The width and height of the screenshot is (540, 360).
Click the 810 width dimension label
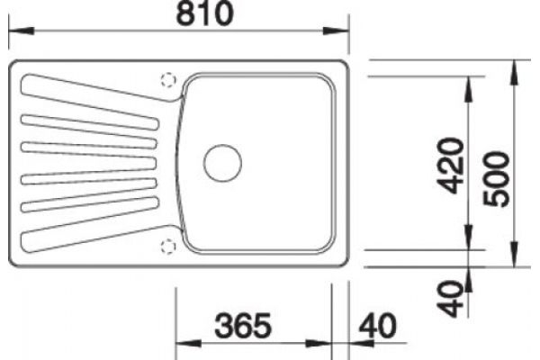[x=204, y=13]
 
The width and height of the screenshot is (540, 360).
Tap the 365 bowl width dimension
[x=243, y=326]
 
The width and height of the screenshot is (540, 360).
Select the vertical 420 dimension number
[x=452, y=166]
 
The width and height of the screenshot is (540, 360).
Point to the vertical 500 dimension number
[x=496, y=179]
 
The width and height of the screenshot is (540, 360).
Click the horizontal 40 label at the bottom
[x=377, y=326]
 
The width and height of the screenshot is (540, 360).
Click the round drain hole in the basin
[x=222, y=163]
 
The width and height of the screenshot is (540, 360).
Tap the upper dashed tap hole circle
[x=168, y=80]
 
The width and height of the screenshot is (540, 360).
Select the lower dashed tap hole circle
[x=168, y=247]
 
